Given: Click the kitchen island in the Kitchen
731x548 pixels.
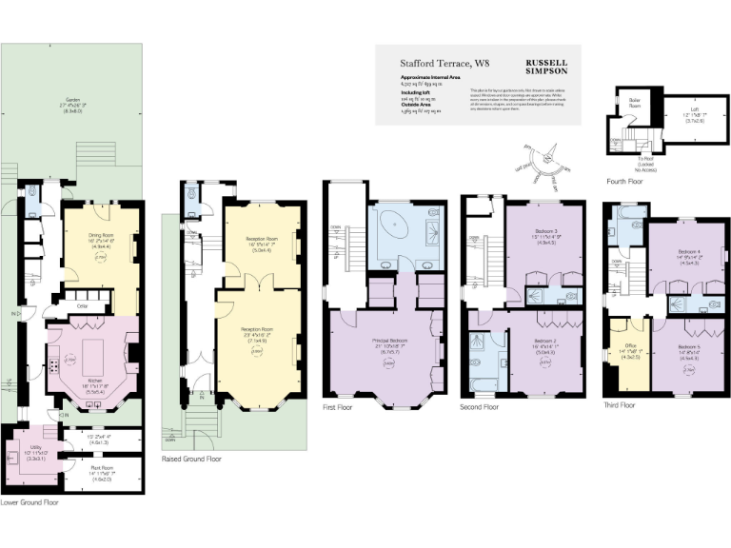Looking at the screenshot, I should (94, 360).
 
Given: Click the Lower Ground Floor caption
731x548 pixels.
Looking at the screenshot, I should (30, 501).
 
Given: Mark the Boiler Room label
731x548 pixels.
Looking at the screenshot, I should (635, 102).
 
